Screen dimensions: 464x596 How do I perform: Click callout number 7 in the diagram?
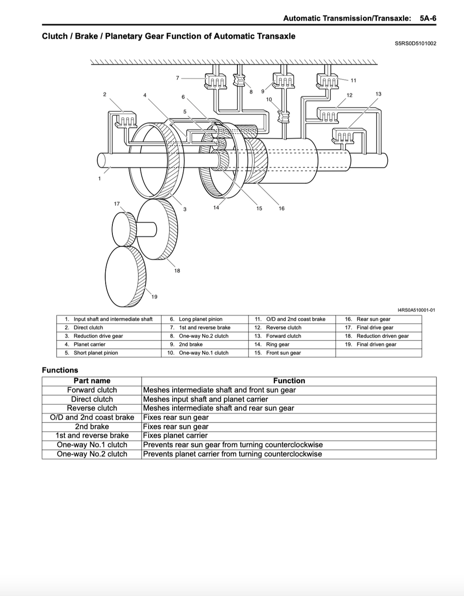point(178,78)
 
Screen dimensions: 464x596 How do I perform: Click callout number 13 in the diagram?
point(378,94)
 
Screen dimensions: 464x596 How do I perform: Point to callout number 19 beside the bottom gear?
point(154,297)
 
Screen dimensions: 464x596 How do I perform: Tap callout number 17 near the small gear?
point(117,203)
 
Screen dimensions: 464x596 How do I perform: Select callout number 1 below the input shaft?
point(99,178)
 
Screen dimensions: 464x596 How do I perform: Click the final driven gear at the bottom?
point(126,276)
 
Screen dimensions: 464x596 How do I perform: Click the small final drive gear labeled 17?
point(124,229)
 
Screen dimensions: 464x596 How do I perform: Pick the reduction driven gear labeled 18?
point(157,229)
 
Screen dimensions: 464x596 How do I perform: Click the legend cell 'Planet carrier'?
point(89,344)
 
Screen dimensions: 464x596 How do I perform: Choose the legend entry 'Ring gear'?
point(278,344)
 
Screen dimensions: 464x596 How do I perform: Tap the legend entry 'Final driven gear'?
point(377,344)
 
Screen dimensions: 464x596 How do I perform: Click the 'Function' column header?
point(289,381)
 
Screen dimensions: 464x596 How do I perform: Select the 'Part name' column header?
point(92,381)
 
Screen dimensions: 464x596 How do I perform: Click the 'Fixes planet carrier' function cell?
point(175,436)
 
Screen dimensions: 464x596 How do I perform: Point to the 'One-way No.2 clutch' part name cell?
point(92,454)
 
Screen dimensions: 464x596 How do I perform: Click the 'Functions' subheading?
point(60,370)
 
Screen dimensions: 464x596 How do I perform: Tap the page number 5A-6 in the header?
point(428,19)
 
